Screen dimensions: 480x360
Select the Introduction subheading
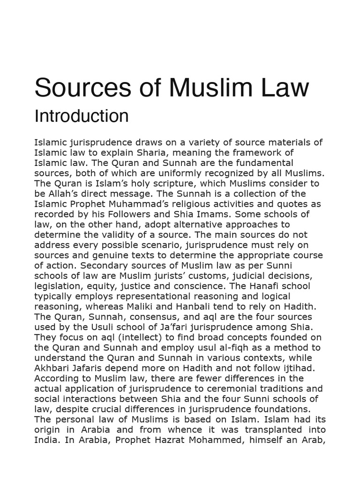82,116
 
